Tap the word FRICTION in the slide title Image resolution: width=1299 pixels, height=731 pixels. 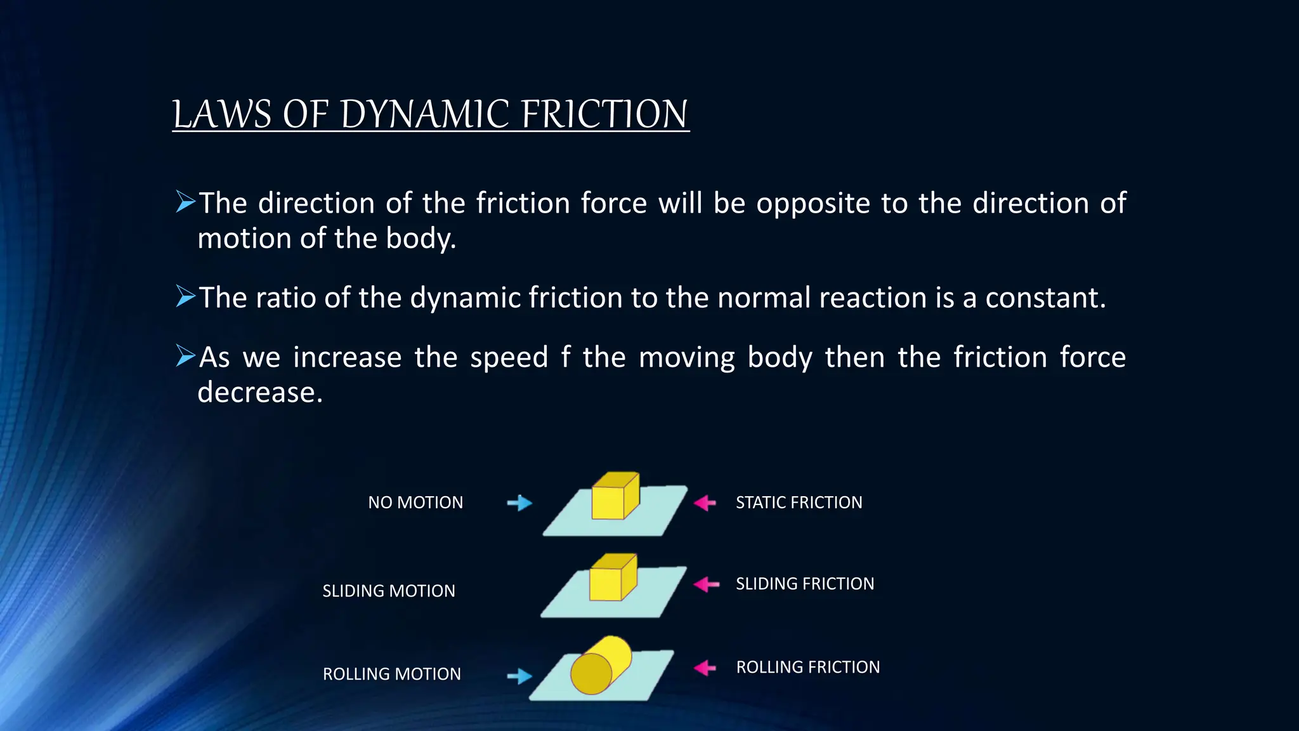tap(604, 115)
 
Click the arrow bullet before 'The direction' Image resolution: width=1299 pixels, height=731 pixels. tap(185, 202)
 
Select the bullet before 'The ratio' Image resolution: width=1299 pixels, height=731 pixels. tap(185, 296)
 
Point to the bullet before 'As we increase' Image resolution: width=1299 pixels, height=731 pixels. tap(185, 356)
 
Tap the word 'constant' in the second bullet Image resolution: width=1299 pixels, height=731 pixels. tap(1045, 298)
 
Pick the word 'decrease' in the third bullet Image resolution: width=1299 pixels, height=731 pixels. tap(260, 392)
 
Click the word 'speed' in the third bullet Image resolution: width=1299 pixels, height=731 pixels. tap(509, 357)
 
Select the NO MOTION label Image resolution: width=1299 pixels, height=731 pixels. tap(415, 503)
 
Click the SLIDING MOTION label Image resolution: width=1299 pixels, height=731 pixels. tap(389, 591)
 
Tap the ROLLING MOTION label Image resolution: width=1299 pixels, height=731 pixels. tap(392, 674)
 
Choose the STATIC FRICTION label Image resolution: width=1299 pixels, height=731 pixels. tap(799, 503)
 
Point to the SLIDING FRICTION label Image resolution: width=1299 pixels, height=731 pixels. tap(805, 584)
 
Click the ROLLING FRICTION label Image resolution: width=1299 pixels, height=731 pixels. tap(807, 667)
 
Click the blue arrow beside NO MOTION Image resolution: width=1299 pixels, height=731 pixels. tap(519, 503)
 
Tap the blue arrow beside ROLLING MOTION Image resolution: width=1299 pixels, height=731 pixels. tap(519, 676)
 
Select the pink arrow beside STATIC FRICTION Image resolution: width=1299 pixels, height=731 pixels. tap(705, 503)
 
